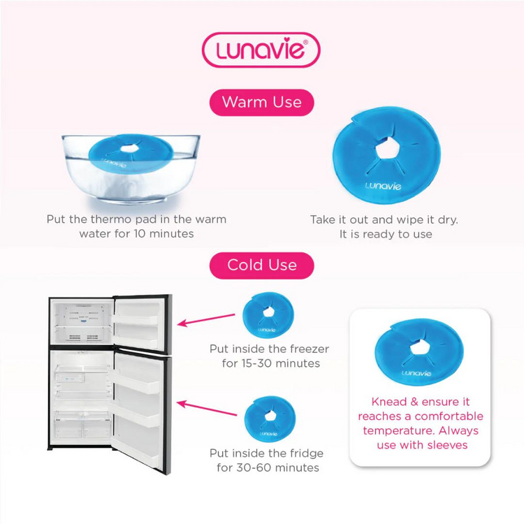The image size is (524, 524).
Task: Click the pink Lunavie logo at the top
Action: tap(261, 50)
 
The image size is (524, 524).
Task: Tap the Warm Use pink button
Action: tap(262, 102)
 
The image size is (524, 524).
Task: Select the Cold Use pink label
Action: tap(262, 265)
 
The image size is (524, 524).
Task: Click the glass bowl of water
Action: tap(131, 168)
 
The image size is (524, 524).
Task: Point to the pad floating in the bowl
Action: tap(131, 154)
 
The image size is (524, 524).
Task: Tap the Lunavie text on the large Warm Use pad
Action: tap(383, 186)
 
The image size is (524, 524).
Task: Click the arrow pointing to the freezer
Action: tap(206, 319)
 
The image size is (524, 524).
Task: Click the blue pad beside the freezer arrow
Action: tap(268, 315)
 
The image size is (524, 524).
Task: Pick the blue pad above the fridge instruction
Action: tap(270, 419)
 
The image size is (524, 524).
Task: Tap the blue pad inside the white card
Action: tap(419, 351)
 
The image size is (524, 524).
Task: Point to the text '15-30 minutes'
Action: tap(270, 363)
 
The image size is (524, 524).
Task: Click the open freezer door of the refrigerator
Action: tap(143, 323)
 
